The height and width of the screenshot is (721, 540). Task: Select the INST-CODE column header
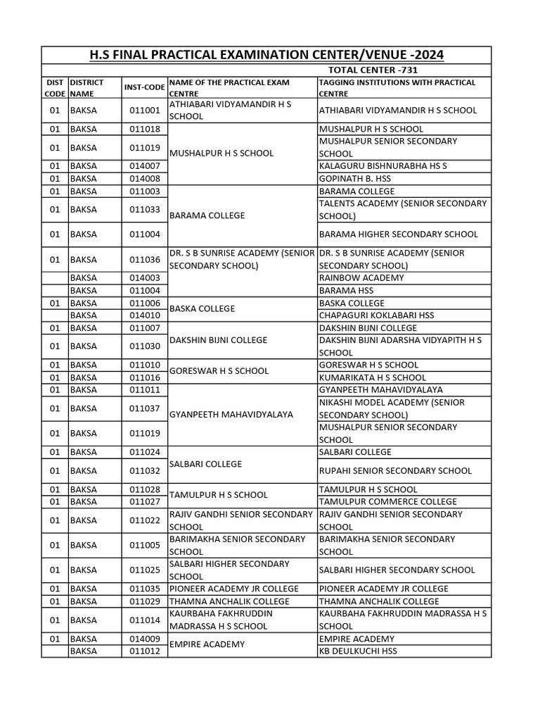coord(145,87)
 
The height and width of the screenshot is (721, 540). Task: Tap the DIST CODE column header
coord(54,87)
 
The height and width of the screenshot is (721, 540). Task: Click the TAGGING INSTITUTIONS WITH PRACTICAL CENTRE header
coord(397,87)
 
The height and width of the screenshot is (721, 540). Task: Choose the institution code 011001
coord(145,110)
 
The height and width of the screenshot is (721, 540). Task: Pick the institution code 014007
coord(145,166)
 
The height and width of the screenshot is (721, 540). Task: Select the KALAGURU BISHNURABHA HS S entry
coord(382,166)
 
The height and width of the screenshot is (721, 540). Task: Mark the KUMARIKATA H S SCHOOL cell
coord(373,377)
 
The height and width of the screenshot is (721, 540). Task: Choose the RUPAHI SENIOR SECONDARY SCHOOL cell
coord(395,470)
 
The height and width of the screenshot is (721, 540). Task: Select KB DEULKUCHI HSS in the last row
coord(358,651)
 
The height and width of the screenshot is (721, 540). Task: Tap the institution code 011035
coord(145,589)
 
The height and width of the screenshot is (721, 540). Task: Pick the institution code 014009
coord(145,639)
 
